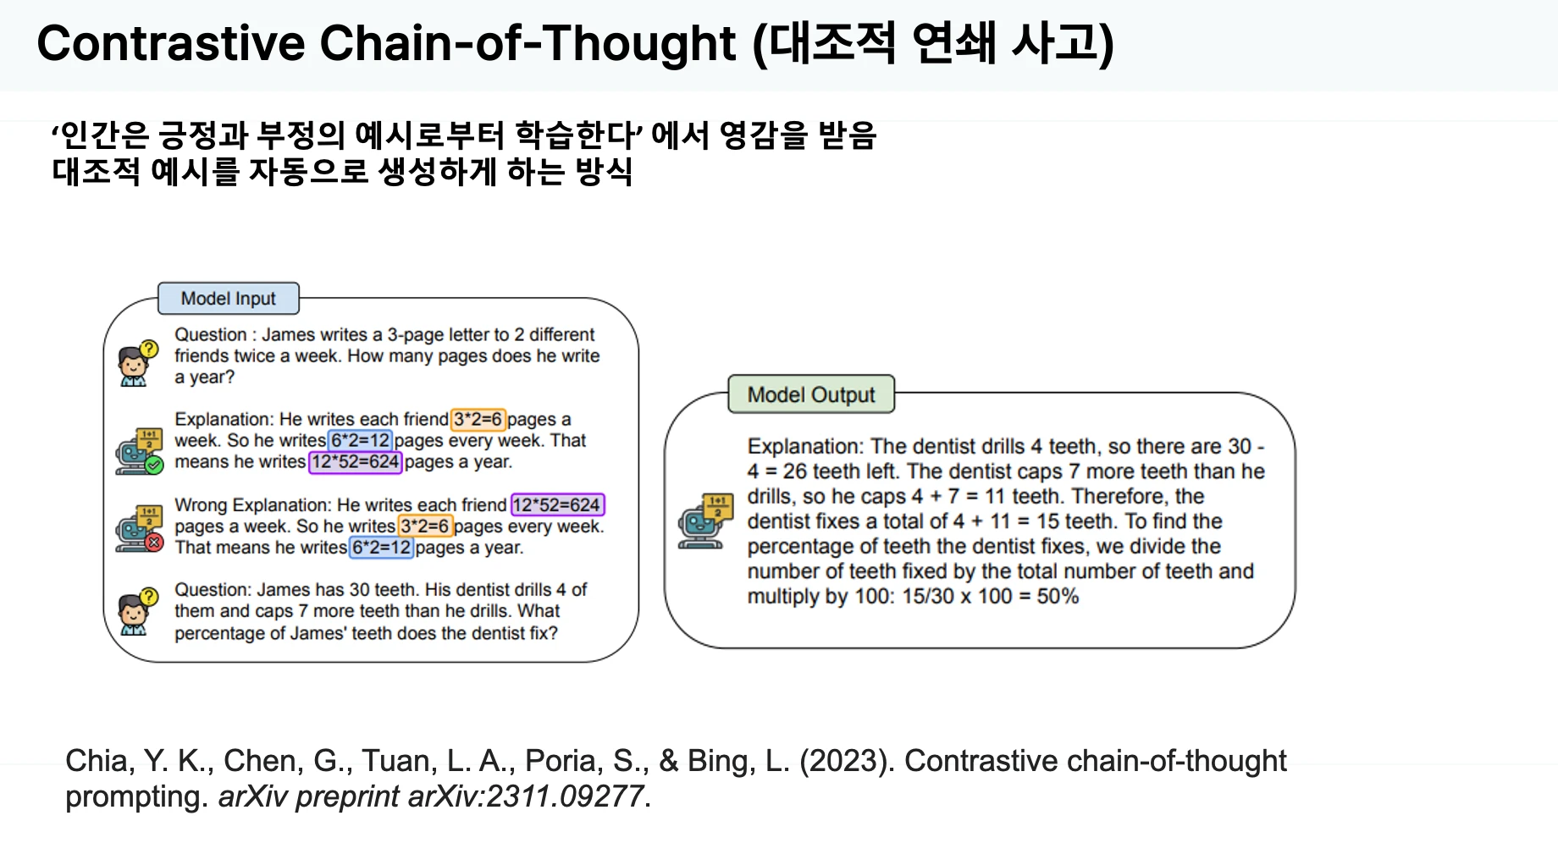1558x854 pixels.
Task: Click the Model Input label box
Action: point(229,299)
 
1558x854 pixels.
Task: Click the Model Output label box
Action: point(811,394)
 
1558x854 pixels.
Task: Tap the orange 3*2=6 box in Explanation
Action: point(478,419)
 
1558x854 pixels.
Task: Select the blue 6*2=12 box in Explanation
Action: point(360,440)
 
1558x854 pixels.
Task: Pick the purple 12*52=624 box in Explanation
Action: point(356,462)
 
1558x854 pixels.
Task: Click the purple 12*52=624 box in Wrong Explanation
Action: point(557,505)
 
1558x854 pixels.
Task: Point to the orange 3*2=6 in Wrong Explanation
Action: point(426,526)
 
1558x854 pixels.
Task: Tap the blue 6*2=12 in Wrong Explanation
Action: point(382,548)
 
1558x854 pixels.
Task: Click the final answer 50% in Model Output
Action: point(1058,597)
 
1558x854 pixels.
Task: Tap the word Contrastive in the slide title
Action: point(171,43)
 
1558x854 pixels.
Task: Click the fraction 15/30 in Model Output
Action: point(928,597)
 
